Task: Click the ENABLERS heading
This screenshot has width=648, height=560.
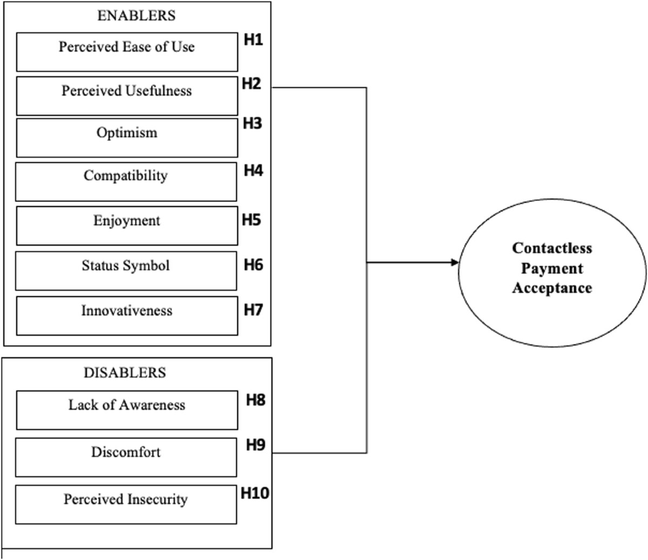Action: tap(136, 16)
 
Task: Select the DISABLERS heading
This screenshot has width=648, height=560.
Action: tap(125, 373)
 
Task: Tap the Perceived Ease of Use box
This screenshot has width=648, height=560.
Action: tap(127, 52)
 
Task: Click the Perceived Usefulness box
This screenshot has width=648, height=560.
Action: tap(127, 96)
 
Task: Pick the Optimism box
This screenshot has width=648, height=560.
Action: tap(127, 138)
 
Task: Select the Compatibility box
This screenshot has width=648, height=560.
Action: tap(126, 181)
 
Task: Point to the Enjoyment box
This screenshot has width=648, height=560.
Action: tap(127, 225)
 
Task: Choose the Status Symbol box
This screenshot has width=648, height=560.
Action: tap(126, 270)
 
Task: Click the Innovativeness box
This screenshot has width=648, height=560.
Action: tap(127, 315)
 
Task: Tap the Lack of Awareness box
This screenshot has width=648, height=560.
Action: tap(127, 410)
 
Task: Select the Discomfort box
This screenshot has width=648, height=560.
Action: tap(126, 457)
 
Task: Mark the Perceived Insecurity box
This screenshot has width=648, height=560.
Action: tap(126, 504)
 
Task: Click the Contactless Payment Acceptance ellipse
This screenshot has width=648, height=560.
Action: tap(552, 268)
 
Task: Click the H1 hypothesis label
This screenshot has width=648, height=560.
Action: tap(253, 40)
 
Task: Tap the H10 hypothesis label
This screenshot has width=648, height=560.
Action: tap(255, 493)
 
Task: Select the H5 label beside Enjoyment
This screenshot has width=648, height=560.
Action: tap(252, 220)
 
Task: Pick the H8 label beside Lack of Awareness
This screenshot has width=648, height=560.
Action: tap(255, 400)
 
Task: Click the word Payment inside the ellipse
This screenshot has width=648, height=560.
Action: tap(552, 268)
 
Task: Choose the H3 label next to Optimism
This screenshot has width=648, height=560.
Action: tap(252, 124)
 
